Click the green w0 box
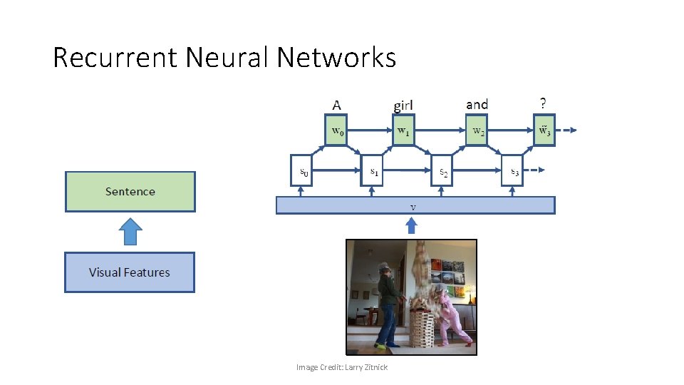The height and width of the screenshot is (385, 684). (x=337, y=130)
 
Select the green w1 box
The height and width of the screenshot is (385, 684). (x=403, y=130)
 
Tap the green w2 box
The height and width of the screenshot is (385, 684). (x=477, y=130)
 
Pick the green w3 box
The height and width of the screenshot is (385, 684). (x=544, y=130)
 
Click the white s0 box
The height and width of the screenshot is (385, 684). (x=302, y=171)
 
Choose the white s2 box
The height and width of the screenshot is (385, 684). (x=442, y=171)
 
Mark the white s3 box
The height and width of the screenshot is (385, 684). (x=512, y=171)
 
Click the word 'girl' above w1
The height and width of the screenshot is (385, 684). (x=403, y=106)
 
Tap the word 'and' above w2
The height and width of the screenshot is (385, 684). (x=477, y=105)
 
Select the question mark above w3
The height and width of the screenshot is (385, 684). (x=544, y=103)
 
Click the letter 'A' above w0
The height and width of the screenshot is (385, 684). (x=336, y=105)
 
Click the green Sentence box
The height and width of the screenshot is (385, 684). (x=130, y=192)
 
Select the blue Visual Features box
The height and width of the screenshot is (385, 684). (x=130, y=272)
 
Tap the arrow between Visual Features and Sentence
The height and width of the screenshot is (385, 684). (x=130, y=232)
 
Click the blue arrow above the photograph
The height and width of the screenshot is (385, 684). (x=411, y=226)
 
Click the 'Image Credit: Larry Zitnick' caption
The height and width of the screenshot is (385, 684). (x=342, y=367)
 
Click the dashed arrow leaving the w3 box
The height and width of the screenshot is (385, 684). (x=569, y=130)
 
